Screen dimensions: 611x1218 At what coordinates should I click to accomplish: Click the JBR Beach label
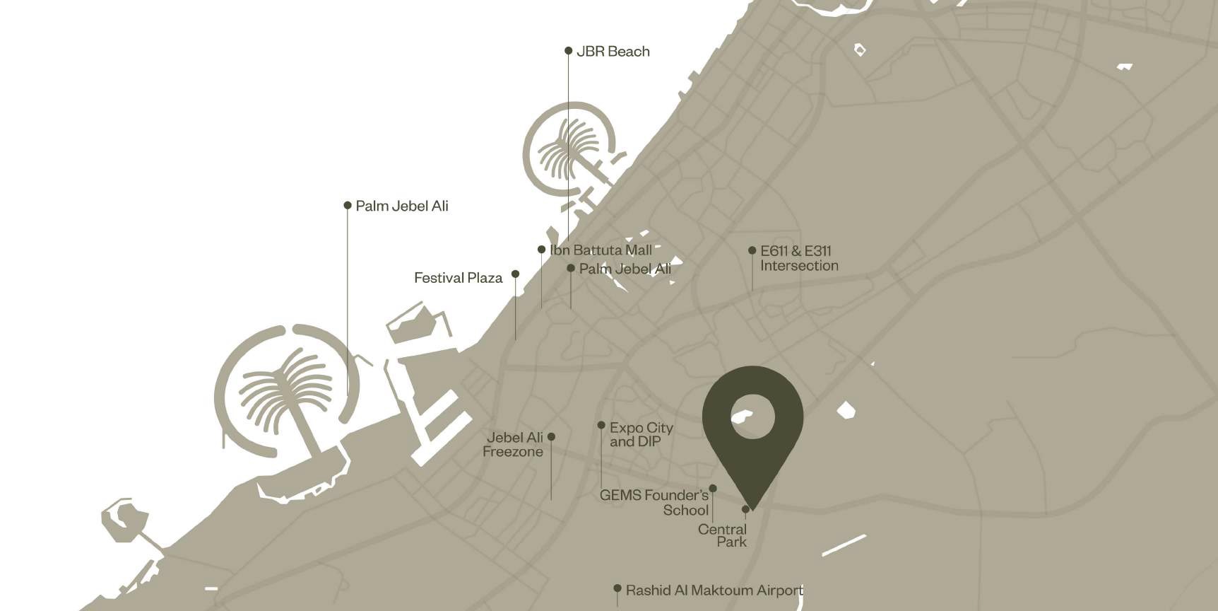(x=613, y=52)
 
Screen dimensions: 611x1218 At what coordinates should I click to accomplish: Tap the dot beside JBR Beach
(x=568, y=51)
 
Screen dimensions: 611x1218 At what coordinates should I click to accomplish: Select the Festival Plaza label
(x=458, y=278)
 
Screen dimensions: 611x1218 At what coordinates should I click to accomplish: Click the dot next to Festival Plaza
(x=515, y=274)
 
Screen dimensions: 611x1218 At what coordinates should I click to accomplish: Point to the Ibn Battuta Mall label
(x=601, y=250)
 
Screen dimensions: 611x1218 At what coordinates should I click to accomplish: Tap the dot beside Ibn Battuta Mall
(x=541, y=250)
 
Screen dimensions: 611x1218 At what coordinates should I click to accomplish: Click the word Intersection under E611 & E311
(x=799, y=266)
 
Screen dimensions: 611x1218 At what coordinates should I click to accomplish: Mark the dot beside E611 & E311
(x=752, y=250)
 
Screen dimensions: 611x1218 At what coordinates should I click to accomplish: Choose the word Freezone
(x=513, y=452)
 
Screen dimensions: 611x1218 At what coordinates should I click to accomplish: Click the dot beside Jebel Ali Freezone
(x=551, y=436)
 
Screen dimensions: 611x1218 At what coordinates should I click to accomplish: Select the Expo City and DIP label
(x=641, y=434)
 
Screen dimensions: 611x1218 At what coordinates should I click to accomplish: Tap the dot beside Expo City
(x=601, y=425)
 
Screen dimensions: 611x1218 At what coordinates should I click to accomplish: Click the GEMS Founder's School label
(x=654, y=503)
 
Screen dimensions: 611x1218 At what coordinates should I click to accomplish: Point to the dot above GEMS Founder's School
(x=713, y=488)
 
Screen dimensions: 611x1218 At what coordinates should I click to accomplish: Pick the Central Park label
(x=723, y=535)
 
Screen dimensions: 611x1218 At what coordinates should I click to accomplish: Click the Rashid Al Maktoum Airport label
(x=714, y=590)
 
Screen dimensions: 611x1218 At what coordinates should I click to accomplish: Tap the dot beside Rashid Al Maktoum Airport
(x=617, y=588)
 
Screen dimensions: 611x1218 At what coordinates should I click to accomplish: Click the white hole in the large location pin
(x=752, y=417)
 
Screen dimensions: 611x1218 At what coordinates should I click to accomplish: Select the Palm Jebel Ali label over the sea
(x=401, y=206)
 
